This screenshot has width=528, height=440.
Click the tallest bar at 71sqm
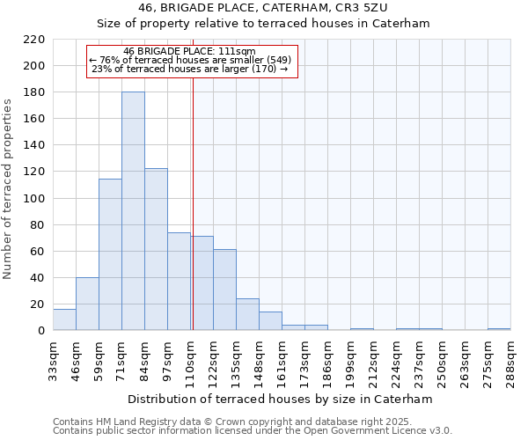(x=133, y=211)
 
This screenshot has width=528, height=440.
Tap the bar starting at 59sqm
(x=110, y=254)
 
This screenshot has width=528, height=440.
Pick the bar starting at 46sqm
(x=87, y=304)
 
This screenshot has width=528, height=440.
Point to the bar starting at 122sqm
(x=224, y=290)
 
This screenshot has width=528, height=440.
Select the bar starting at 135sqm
(x=247, y=314)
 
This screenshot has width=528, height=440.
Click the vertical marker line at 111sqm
(x=193, y=202)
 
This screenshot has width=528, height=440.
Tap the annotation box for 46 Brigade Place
(x=192, y=61)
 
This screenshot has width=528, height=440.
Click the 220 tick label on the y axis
(x=33, y=40)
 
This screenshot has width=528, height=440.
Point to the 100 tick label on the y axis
(x=33, y=199)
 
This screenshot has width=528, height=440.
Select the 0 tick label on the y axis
(x=40, y=331)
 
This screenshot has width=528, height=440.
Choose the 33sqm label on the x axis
(x=53, y=361)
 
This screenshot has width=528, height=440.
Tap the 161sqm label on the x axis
(x=282, y=361)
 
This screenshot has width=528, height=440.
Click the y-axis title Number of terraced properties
(x=8, y=188)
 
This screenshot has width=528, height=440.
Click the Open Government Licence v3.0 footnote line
(x=252, y=431)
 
